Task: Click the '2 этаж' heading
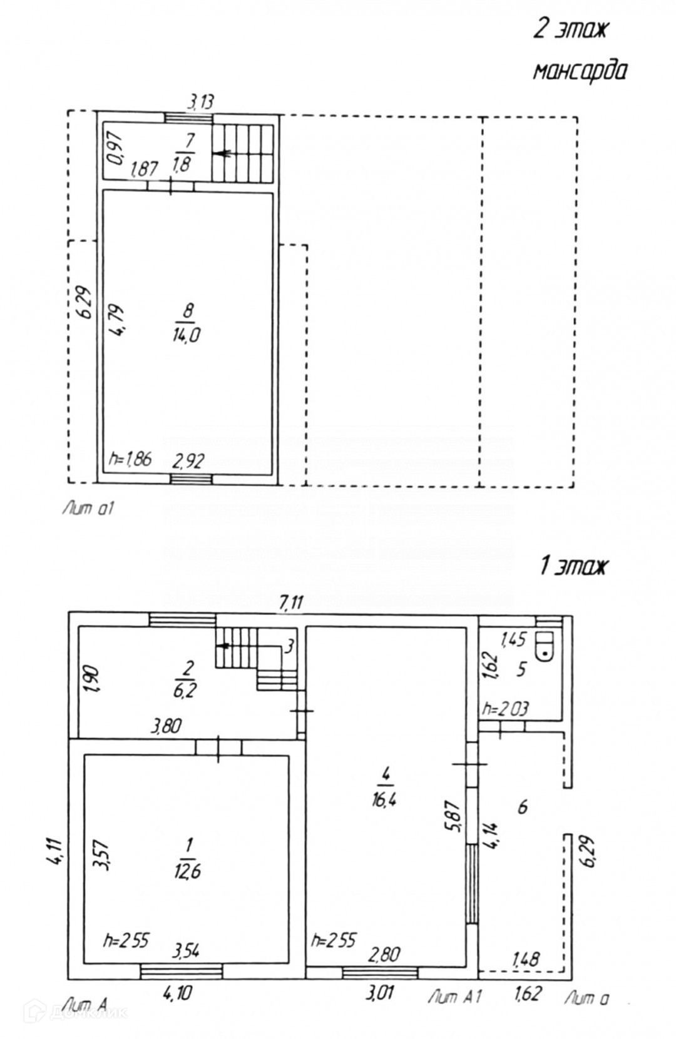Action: [569, 29]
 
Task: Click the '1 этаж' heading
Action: [573, 567]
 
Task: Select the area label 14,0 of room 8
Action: [187, 335]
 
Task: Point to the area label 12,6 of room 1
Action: [187, 871]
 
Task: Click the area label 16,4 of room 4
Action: [386, 799]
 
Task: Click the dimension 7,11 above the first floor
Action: [292, 602]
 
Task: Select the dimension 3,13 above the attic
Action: [200, 101]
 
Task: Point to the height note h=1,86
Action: [130, 459]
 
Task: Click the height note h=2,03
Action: [505, 708]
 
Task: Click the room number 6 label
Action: [522, 807]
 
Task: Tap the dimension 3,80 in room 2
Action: [166, 726]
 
